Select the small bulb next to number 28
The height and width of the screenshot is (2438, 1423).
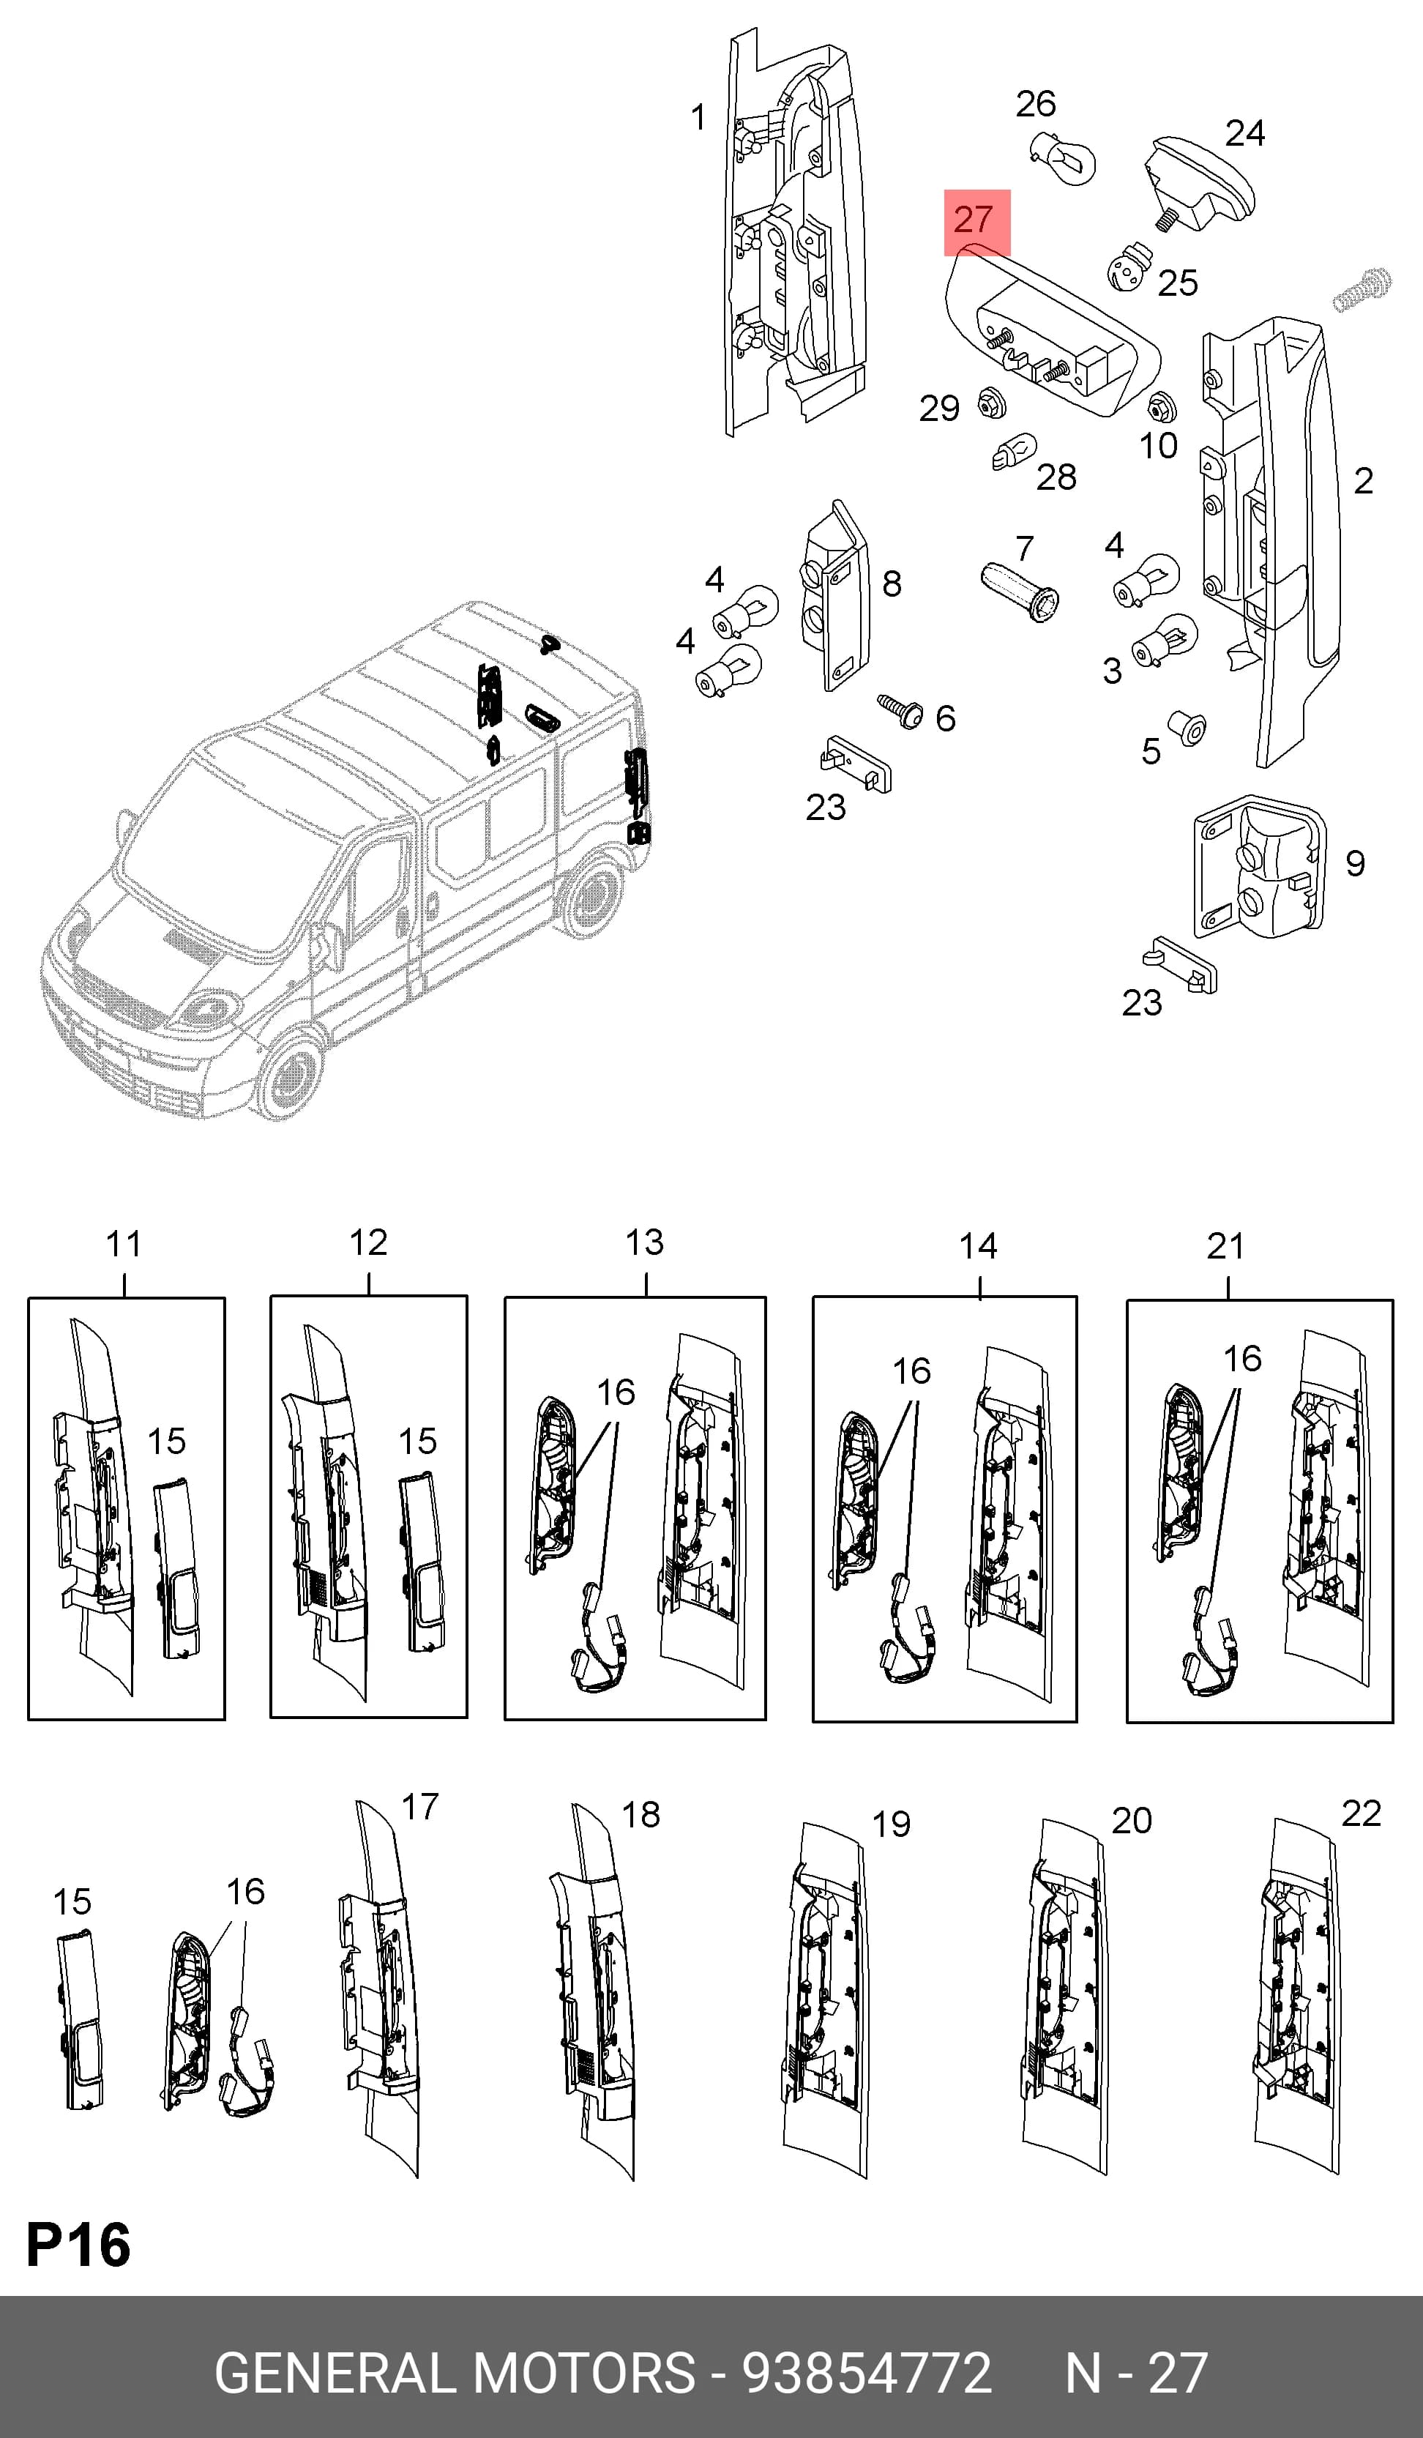click(1013, 451)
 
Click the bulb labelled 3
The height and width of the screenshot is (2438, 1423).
click(1165, 641)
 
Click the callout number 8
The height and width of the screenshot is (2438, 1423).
click(892, 584)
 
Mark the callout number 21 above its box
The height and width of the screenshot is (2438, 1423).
click(1225, 1245)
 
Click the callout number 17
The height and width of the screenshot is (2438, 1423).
click(420, 1806)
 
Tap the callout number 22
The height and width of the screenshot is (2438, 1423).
click(1361, 1813)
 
